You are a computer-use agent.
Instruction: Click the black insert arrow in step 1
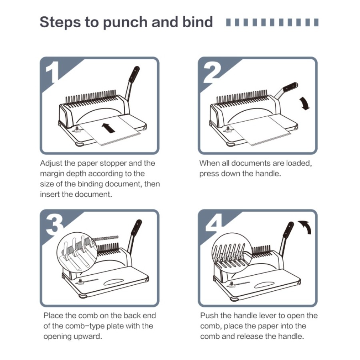(x=108, y=128)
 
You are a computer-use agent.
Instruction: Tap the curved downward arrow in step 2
(x=305, y=104)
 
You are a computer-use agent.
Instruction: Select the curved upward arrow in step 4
(x=305, y=227)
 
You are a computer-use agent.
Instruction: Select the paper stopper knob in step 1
(x=77, y=130)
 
